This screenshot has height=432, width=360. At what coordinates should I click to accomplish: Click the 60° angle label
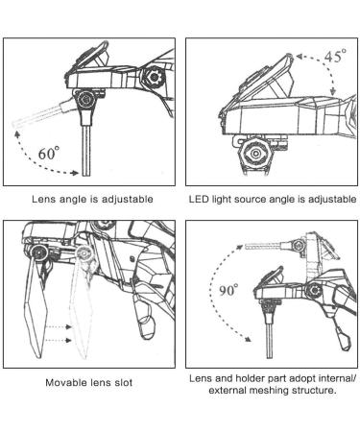tap(49, 153)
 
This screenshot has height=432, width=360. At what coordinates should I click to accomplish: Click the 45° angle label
tap(335, 56)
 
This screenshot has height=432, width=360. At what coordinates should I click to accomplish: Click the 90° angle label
tap(228, 290)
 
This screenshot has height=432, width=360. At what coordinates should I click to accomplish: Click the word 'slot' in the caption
tap(124, 382)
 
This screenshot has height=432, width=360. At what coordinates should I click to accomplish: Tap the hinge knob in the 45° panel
tap(255, 154)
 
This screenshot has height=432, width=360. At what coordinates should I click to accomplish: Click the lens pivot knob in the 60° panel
tap(85, 100)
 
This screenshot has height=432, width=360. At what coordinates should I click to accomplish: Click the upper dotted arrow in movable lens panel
tap(59, 326)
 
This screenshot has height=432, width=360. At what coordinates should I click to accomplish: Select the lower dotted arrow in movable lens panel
tap(59, 340)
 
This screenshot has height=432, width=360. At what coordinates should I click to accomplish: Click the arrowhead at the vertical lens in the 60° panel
tap(75, 173)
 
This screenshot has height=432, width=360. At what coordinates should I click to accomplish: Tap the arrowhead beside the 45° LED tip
tap(300, 57)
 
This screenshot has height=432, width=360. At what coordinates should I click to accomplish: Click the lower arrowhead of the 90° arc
tap(248, 339)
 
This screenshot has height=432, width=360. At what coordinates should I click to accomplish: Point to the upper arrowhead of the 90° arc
tap(240, 246)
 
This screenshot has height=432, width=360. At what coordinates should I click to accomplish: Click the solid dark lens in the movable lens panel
tap(36, 307)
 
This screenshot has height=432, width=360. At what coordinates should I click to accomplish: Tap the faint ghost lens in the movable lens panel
tap(82, 307)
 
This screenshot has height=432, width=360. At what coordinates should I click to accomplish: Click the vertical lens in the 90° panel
tap(270, 339)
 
